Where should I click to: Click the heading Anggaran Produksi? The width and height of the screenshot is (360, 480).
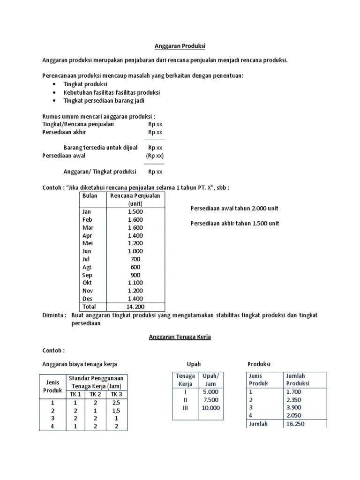pyautogui.click(x=180, y=46)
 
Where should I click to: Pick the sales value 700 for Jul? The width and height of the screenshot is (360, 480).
pyautogui.click(x=135, y=259)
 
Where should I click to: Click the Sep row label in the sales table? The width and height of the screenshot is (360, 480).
pyautogui.click(x=87, y=275)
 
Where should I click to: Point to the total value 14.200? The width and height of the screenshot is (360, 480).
pyautogui.click(x=135, y=307)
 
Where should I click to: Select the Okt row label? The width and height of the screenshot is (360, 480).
pyautogui.click(x=87, y=283)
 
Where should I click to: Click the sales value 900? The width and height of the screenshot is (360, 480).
pyautogui.click(x=135, y=275)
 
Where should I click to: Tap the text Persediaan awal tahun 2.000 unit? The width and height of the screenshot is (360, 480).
pyautogui.click(x=234, y=208)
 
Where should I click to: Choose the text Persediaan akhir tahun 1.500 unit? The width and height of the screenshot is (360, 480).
pyautogui.click(x=234, y=223)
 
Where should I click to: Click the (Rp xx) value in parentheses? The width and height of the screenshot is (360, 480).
pyautogui.click(x=155, y=156)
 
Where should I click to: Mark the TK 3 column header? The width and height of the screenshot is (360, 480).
pyautogui.click(x=117, y=394)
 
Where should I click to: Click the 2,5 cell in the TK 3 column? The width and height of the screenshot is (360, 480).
pyautogui.click(x=117, y=403)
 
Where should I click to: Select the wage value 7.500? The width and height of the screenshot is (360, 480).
pyautogui.click(x=210, y=399)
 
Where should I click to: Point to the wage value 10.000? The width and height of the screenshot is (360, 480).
pyautogui.click(x=210, y=407)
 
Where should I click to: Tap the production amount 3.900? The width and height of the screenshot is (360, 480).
pyautogui.click(x=293, y=407)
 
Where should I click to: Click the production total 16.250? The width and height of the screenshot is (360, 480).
pyautogui.click(x=293, y=424)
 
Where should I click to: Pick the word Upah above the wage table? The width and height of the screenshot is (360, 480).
pyautogui.click(x=194, y=364)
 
